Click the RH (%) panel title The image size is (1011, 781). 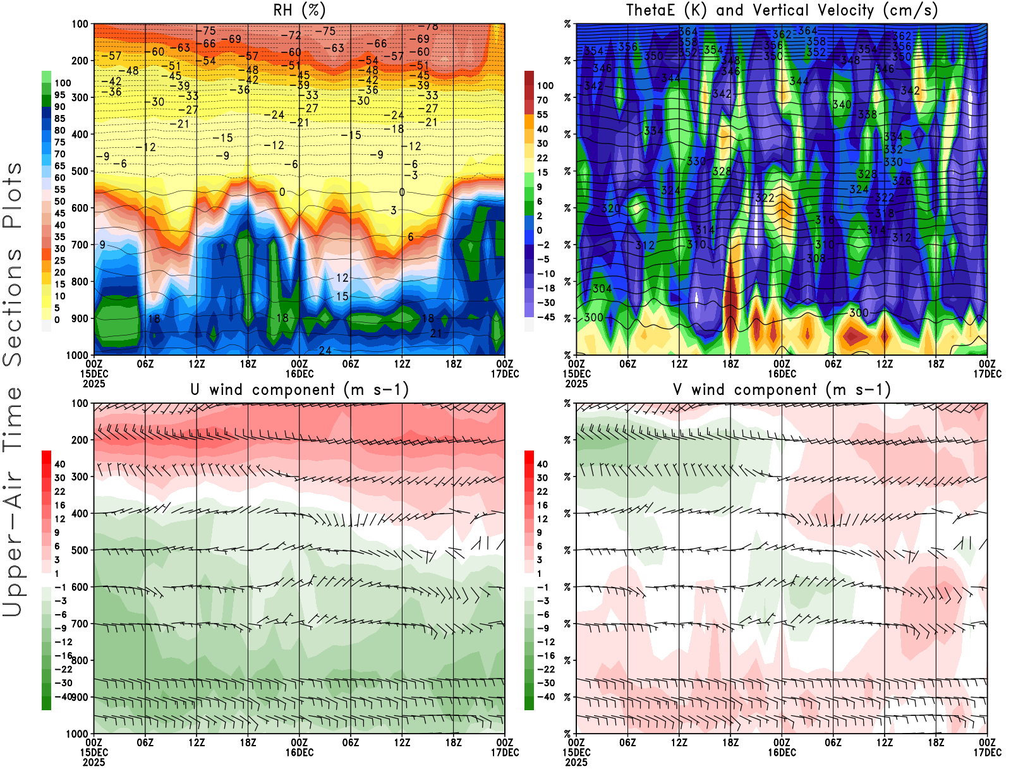pyautogui.click(x=300, y=10)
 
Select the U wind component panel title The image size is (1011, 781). pyautogui.click(x=300, y=389)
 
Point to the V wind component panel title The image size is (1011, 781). pyautogui.click(x=782, y=389)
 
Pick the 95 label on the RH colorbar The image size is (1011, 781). pyautogui.click(x=59, y=95)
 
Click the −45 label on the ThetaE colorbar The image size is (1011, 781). pyautogui.click(x=546, y=317)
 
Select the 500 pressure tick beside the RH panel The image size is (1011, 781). pyautogui.click(x=80, y=171)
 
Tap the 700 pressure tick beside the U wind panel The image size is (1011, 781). pyautogui.click(x=80, y=624)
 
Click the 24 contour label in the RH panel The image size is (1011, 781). pyautogui.click(x=325, y=351)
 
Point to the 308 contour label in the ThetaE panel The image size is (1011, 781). pyautogui.click(x=816, y=258)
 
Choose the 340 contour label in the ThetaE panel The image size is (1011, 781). pyautogui.click(x=842, y=104)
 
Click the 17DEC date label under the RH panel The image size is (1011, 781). pyautogui.click(x=505, y=373)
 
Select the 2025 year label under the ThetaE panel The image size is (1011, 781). pyautogui.click(x=576, y=384)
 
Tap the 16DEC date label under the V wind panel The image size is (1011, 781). pyautogui.click(x=782, y=753)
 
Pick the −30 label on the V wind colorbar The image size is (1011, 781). pyautogui.click(x=542, y=682)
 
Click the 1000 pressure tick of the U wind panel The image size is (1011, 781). pyautogui.click(x=78, y=734)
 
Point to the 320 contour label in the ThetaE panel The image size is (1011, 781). pyautogui.click(x=610, y=209)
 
